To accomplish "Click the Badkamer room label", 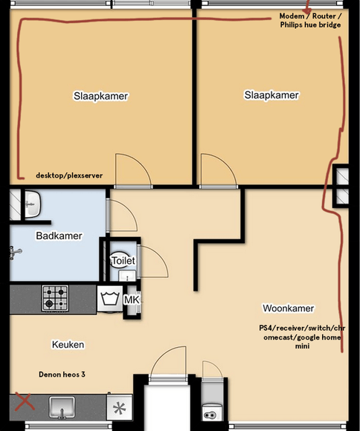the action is pos(59,236).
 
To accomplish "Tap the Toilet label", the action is pos(123,261).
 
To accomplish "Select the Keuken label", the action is pos(68,344).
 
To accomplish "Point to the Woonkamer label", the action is pos(288,308).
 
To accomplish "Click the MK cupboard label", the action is pos(132,300).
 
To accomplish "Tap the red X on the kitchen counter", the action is pos(25,401).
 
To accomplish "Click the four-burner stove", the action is pos(55,298).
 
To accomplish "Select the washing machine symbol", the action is pos(110,299).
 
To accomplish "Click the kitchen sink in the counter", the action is pos(62,407).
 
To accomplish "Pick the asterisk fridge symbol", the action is pos(120,407).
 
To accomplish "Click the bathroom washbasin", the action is pos(33,204).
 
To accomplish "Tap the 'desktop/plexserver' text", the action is pos(69,175).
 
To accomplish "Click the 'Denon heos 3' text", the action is pos(62,375).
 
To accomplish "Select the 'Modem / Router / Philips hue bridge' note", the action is pos(310,20).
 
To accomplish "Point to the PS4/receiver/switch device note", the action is pos(302,337).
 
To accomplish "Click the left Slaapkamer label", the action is pos(100,96).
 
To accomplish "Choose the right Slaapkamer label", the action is pos(271,95).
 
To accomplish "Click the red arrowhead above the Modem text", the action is pos(308,11).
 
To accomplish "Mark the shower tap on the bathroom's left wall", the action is pos(16,253).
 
